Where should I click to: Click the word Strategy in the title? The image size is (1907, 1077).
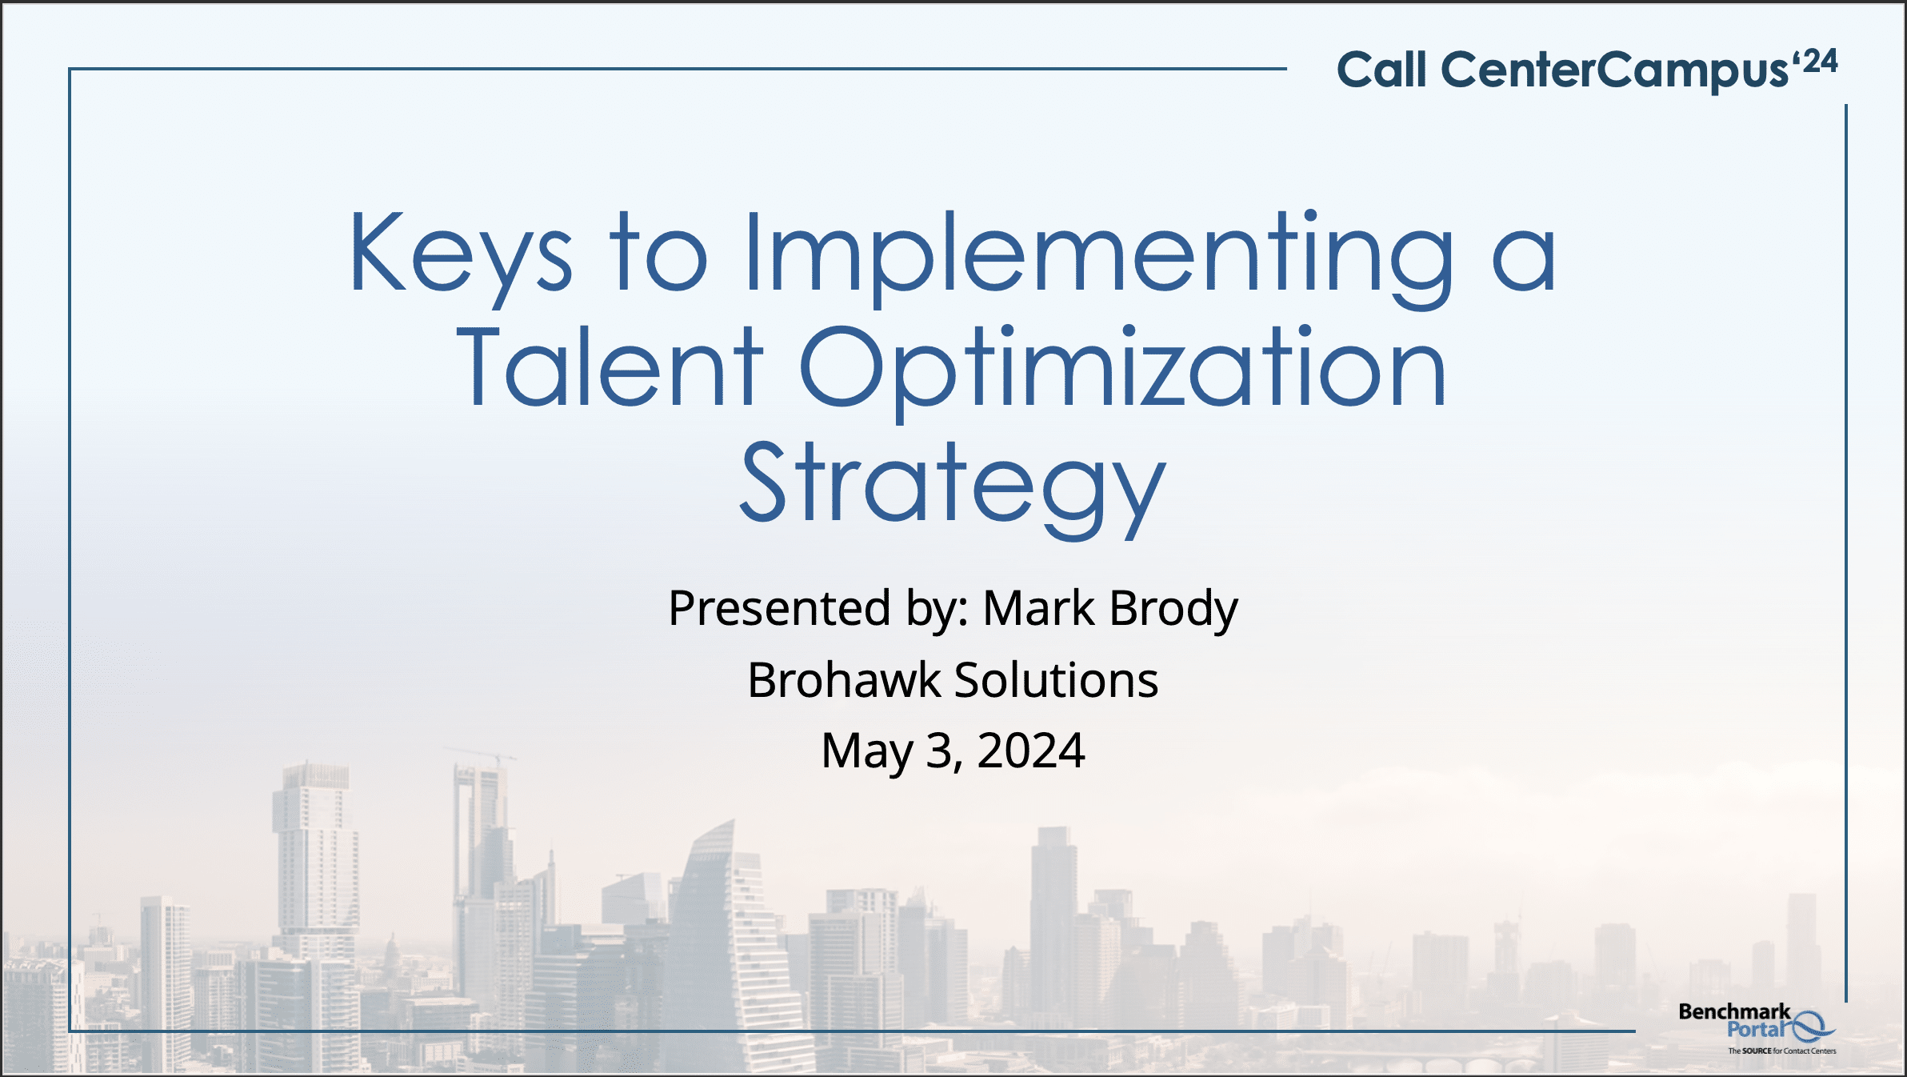coord(953,489)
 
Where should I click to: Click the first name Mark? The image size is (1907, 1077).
coord(1038,608)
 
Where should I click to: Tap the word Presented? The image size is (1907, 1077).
coord(779,608)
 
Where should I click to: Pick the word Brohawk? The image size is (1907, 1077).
coord(844,679)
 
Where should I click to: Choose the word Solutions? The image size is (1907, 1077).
coord(1057,679)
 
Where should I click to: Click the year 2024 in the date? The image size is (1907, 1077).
coord(1031,751)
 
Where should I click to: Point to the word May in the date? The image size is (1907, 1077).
coord(867,752)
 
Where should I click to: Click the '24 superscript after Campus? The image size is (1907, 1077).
coord(1815,62)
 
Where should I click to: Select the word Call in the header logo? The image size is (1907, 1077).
coord(1382,70)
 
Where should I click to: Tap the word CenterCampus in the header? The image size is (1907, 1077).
coord(1614,70)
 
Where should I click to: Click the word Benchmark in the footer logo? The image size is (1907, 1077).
coord(1734,1011)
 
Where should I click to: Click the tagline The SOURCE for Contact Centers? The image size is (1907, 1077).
coord(1782,1051)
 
